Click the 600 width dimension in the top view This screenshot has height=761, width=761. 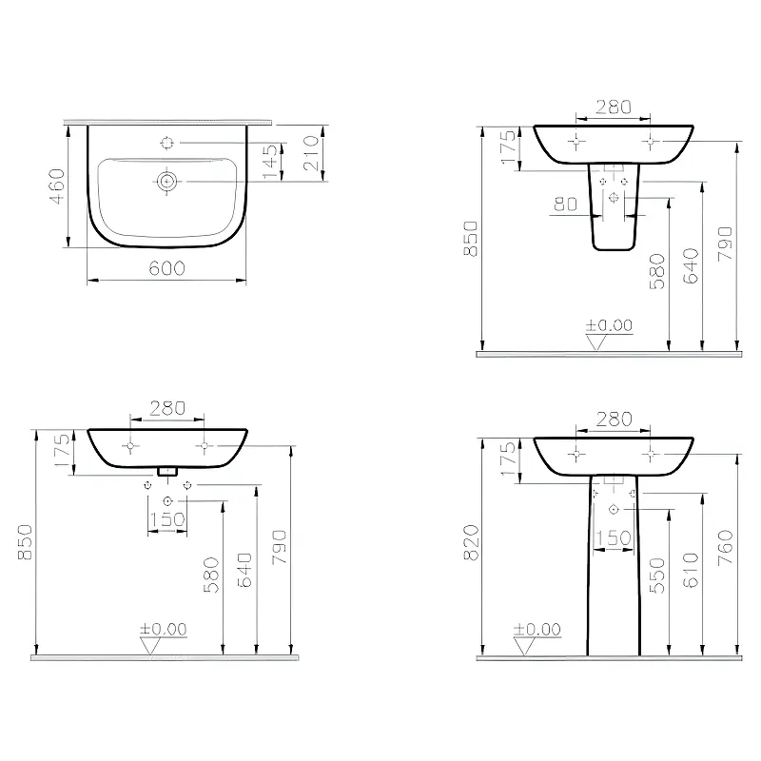click(x=167, y=268)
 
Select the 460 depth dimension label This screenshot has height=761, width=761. click(x=57, y=186)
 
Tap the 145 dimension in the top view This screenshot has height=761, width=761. click(x=270, y=161)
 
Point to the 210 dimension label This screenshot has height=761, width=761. click(x=311, y=153)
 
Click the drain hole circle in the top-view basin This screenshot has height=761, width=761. click(x=166, y=181)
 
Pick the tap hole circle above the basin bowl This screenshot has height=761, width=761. click(x=167, y=143)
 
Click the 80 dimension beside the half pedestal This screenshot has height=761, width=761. click(x=565, y=205)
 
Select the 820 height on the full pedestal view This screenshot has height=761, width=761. click(x=471, y=542)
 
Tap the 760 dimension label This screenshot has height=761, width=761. click(x=725, y=548)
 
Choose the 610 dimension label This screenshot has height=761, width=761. click(x=691, y=570)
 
